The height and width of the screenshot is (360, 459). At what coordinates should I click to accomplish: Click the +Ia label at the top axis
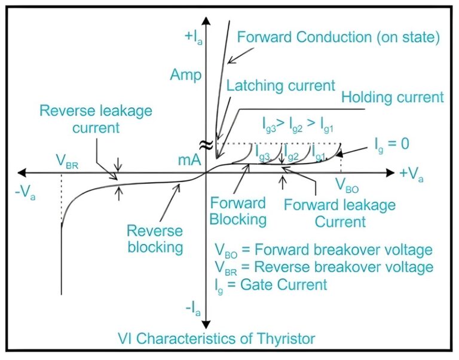point(192,36)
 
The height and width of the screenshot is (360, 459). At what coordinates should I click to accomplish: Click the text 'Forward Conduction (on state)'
point(338,37)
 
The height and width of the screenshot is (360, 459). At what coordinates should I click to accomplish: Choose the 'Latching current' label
point(281,85)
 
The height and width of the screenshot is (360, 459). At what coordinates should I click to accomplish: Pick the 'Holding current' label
point(392,97)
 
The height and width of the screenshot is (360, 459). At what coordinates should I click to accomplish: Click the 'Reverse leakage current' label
point(97,119)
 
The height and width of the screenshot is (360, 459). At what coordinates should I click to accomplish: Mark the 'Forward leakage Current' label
point(339,213)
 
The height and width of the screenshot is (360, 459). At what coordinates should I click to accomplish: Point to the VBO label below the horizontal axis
point(347,184)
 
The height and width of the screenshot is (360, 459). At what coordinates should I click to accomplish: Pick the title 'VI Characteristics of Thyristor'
point(225,339)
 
